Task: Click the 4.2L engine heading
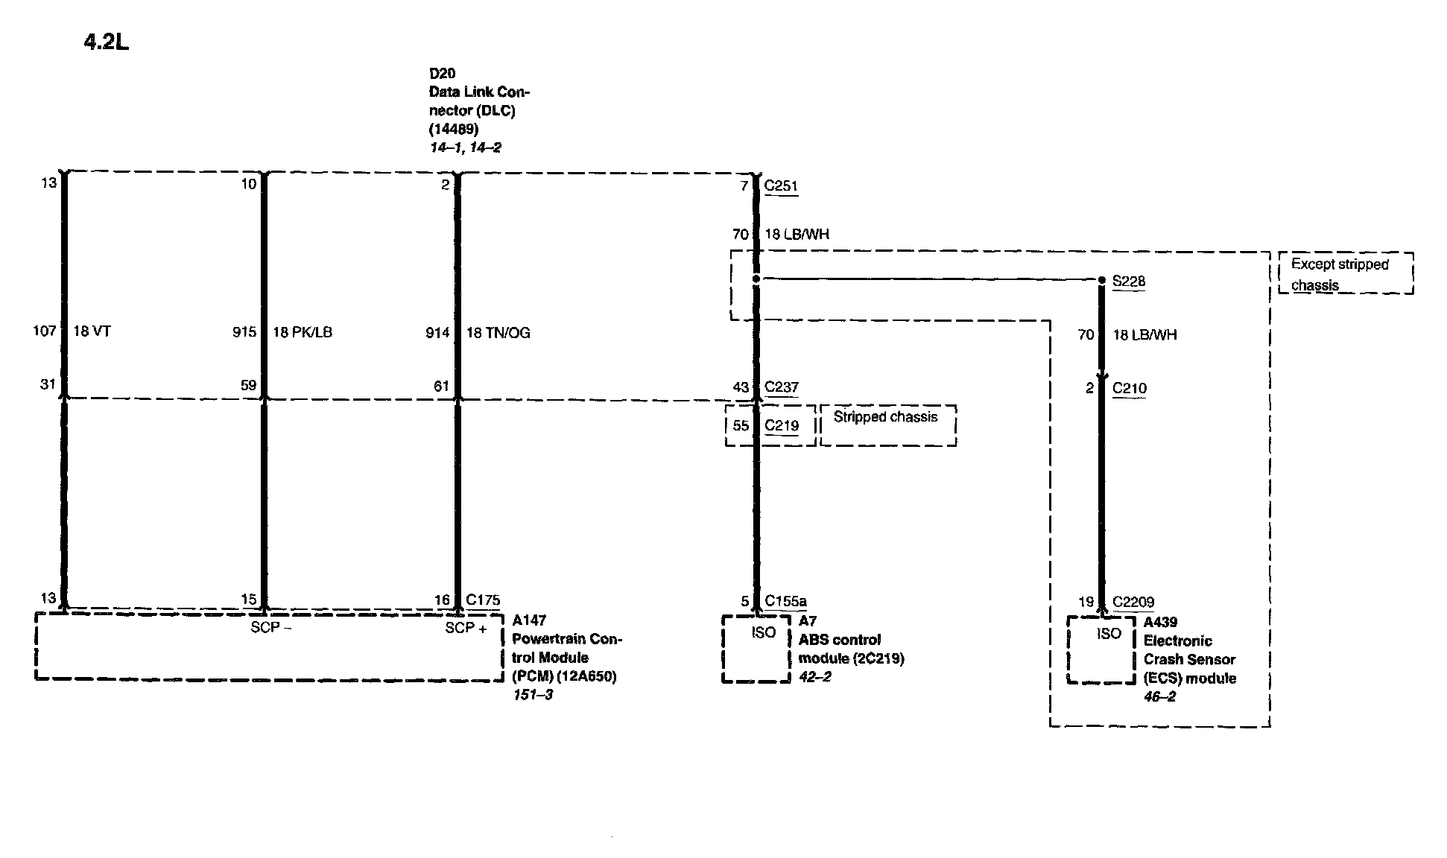click(x=107, y=42)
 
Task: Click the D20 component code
click(x=442, y=73)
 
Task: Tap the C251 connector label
click(x=781, y=185)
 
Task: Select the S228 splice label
click(x=1128, y=282)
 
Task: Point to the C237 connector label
click(x=781, y=387)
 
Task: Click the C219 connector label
click(x=781, y=426)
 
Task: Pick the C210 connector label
click(x=1129, y=389)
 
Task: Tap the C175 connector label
click(x=483, y=600)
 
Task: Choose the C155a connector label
click(x=785, y=602)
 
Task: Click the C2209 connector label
click(x=1133, y=603)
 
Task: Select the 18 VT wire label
click(x=92, y=332)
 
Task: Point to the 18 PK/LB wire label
click(x=302, y=332)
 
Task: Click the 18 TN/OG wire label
click(x=498, y=333)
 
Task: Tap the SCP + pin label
click(x=466, y=629)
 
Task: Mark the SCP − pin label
click(x=270, y=628)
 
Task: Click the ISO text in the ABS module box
click(x=763, y=633)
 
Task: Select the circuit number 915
click(x=244, y=332)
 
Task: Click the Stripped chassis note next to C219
click(x=885, y=417)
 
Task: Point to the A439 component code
click(x=1160, y=622)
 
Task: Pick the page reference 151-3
click(x=533, y=695)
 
